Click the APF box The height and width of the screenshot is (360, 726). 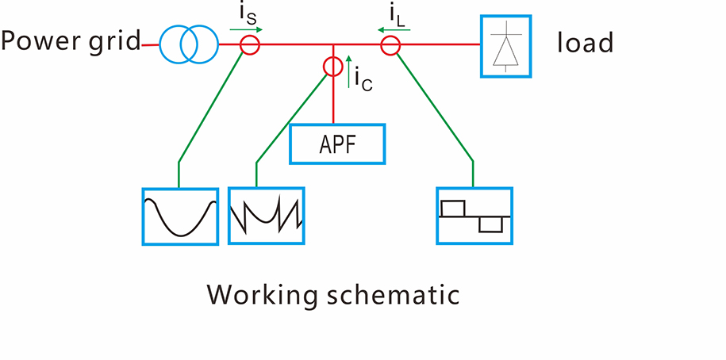click(338, 144)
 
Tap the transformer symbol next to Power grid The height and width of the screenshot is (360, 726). click(188, 45)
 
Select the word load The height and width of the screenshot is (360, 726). click(586, 42)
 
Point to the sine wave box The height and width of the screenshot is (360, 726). click(179, 215)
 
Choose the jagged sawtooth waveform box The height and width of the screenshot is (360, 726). click(267, 215)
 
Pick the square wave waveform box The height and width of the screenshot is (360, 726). click(474, 215)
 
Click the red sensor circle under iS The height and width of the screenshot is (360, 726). click(250, 46)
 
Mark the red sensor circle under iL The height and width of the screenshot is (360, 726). click(390, 46)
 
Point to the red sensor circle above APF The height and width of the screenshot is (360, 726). click(333, 66)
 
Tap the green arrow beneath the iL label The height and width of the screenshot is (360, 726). click(394, 30)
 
